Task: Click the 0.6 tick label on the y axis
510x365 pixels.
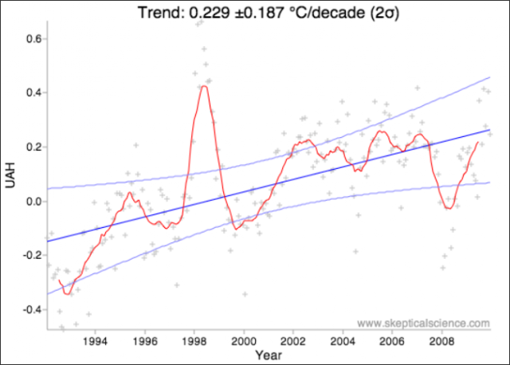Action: click(x=33, y=39)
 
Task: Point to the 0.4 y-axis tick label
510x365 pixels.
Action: click(x=33, y=92)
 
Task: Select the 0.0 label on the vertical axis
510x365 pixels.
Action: click(x=33, y=202)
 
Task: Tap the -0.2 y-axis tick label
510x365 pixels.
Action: click(x=32, y=255)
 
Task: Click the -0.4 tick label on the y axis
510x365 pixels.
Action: click(x=32, y=309)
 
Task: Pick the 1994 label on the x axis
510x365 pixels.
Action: click(x=95, y=341)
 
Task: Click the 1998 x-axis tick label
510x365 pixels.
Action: click(x=194, y=341)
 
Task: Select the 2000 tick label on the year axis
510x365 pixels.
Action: click(x=244, y=341)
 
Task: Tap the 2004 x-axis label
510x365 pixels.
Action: click(x=343, y=341)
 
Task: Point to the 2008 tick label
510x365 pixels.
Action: click(x=441, y=341)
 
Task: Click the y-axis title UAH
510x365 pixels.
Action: click(x=10, y=175)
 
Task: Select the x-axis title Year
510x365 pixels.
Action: click(x=269, y=355)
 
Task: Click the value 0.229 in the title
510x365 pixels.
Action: click(x=209, y=13)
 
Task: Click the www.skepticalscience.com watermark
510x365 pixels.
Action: click(x=423, y=323)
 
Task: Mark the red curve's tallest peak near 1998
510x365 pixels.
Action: click(x=204, y=86)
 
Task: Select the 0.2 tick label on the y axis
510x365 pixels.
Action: click(x=33, y=147)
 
